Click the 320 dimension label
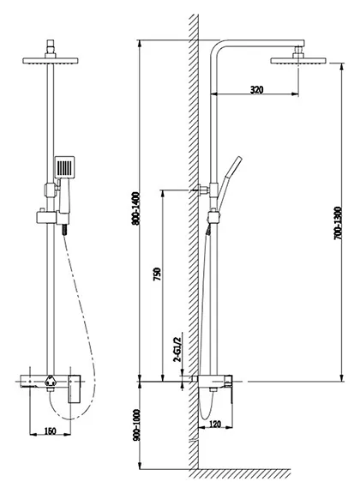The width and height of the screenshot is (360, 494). click(256, 90)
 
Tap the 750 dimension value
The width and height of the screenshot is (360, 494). click(157, 274)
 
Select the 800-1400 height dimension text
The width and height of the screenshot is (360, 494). click(135, 208)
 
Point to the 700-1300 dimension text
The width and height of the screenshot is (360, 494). click(338, 223)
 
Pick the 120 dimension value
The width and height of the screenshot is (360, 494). click(215, 424)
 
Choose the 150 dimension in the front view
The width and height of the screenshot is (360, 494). click(50, 431)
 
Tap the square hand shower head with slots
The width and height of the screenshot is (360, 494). click(64, 167)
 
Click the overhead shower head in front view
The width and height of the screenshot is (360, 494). click(51, 61)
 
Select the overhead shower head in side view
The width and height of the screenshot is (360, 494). click(298, 61)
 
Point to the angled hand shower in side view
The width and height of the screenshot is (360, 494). click(230, 183)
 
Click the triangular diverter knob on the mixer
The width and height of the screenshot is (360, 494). click(51, 381)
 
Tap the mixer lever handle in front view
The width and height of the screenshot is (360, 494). click(75, 389)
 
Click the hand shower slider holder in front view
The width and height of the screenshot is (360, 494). click(52, 217)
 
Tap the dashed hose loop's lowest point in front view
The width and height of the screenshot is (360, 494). click(70, 419)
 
